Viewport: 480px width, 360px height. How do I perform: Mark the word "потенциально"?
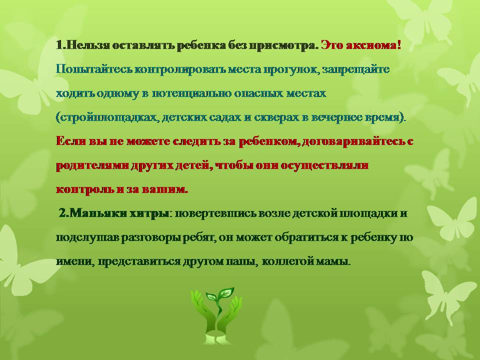pos(191,93)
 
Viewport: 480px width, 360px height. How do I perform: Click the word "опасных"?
pos(259,93)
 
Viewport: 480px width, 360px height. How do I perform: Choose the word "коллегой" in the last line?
pos(288,261)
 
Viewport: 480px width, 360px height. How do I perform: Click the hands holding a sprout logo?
pos(216,315)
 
